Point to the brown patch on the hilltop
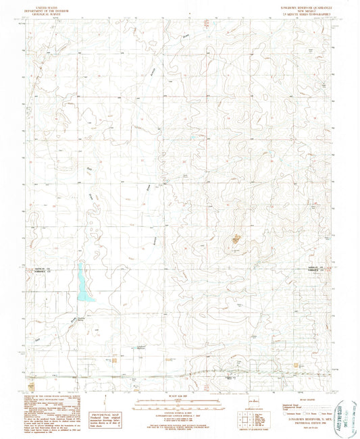236,238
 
